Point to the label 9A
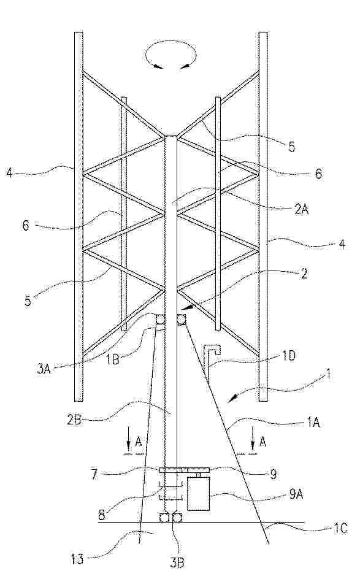click(296, 495)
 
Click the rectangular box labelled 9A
click(198, 493)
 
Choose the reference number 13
click(76, 559)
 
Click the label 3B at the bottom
click(177, 563)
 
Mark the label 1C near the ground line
click(340, 528)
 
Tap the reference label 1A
click(313, 423)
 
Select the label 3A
click(44, 370)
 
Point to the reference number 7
click(94, 475)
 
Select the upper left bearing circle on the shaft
click(161, 320)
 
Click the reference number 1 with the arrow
click(328, 374)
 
